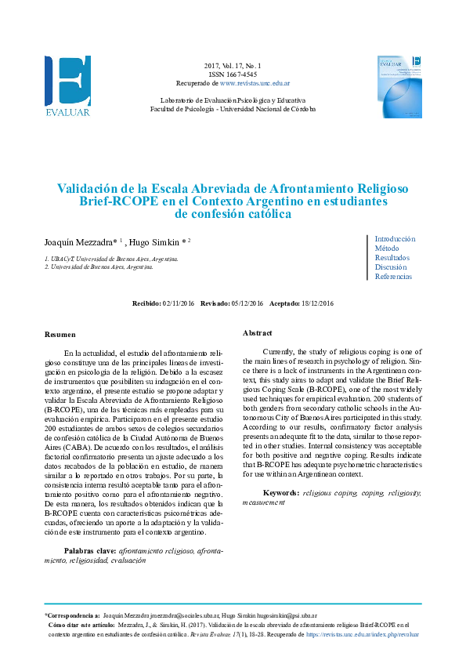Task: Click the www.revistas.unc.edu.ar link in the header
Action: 255,82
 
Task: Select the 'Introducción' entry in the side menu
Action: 395,239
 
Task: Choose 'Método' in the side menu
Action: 387,248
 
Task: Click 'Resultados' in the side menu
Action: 392,258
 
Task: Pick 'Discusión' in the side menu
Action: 390,267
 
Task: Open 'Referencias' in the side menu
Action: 393,277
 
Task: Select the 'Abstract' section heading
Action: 257,332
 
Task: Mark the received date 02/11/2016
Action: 178,303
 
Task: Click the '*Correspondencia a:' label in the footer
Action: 72,617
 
